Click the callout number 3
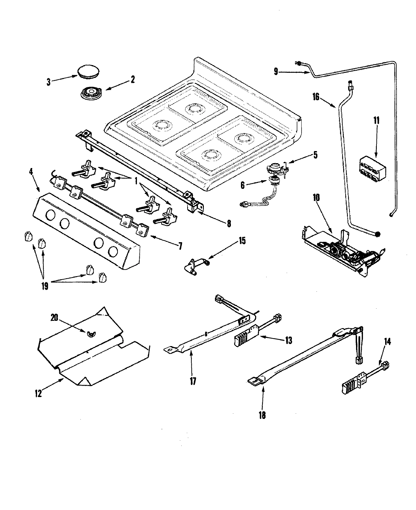(x=49, y=82)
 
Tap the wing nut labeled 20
(x=91, y=333)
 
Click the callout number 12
(x=38, y=394)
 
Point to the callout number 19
(x=44, y=286)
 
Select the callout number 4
(x=32, y=171)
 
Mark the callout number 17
(x=193, y=381)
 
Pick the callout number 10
(x=317, y=198)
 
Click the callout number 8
(x=228, y=223)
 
